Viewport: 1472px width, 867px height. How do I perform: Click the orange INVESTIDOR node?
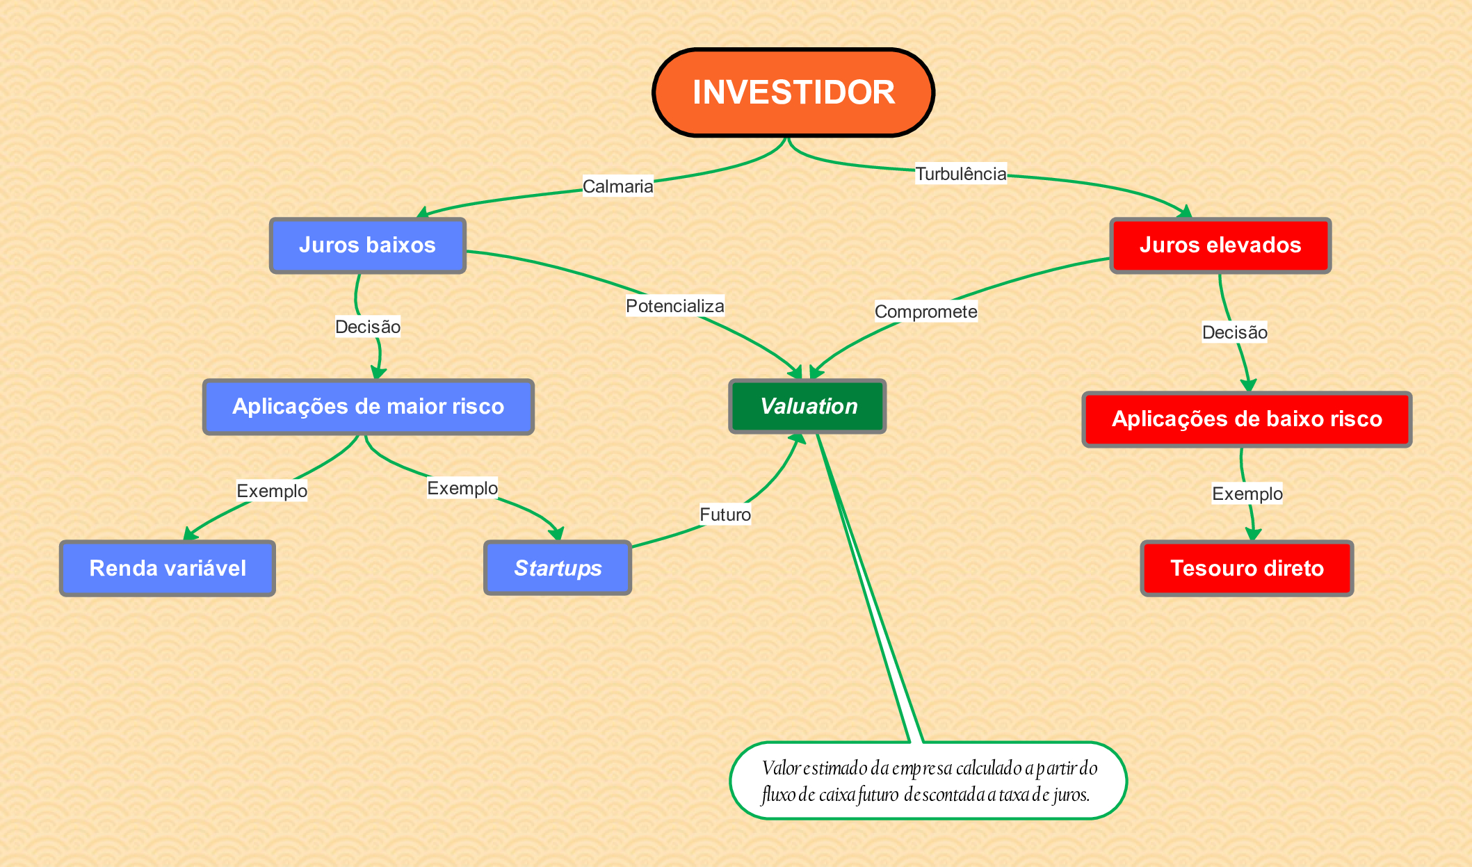793,92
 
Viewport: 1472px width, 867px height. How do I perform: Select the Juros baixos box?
368,245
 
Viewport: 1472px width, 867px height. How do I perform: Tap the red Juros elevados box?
1220,245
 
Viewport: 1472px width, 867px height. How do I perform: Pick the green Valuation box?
807,407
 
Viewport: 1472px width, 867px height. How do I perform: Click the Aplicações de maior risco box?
369,407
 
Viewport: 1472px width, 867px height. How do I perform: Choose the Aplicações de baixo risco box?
1247,419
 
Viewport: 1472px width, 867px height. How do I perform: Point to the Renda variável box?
168,568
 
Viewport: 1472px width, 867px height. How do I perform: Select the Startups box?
558,568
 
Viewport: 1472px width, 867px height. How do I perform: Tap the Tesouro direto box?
1247,568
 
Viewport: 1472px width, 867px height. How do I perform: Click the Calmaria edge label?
617,186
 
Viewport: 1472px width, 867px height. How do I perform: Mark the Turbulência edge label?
960,174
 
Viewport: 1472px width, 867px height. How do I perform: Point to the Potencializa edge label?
674,306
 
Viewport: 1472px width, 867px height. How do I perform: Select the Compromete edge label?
925,311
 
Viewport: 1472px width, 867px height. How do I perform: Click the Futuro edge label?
725,514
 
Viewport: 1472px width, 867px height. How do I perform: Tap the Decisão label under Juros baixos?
368,327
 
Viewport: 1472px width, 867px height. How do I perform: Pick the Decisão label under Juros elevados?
1234,332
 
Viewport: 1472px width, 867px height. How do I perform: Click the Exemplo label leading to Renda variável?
272,491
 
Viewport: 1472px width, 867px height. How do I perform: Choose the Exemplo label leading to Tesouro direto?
1247,494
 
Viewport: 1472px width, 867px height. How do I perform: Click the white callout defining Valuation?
928,781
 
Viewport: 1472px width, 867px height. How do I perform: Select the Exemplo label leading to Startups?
462,488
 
